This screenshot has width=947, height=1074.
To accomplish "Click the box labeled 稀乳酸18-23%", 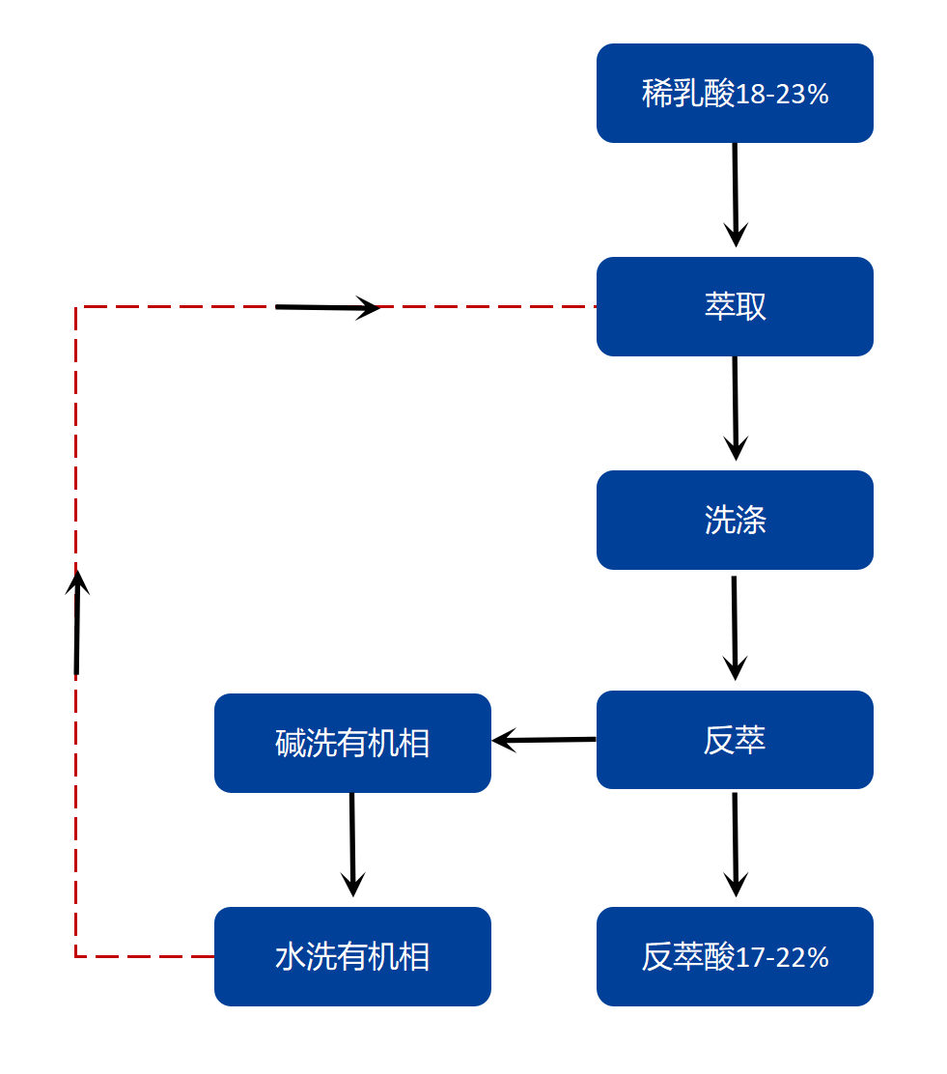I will point(735,94).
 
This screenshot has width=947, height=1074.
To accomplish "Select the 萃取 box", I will point(735,307).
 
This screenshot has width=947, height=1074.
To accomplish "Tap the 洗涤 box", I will point(735,521).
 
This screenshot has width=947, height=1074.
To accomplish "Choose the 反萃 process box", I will point(735,740).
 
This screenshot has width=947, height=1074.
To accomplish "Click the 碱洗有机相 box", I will point(352,744).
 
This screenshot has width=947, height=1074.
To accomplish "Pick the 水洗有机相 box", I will point(352,957).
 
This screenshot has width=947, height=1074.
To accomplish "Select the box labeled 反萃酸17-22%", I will point(735,957).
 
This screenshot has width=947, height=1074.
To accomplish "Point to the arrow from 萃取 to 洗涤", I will point(736,409).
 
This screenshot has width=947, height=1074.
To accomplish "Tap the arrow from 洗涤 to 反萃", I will point(735,628).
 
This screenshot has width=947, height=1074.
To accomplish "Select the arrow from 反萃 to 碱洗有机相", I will point(543,741).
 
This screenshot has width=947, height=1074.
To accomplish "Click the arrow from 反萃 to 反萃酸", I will point(736,844).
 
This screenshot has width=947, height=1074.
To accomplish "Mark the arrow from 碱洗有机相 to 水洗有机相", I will point(352,844).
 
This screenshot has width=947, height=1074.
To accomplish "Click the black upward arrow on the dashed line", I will point(77,622).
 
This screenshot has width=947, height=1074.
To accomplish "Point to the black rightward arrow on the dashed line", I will point(328,308).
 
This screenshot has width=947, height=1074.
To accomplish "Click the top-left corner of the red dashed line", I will point(76,307).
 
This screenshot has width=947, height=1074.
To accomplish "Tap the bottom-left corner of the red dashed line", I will point(76,956).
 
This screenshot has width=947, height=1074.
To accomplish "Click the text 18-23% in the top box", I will point(783,95).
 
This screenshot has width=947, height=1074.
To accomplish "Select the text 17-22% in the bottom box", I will point(783,958).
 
